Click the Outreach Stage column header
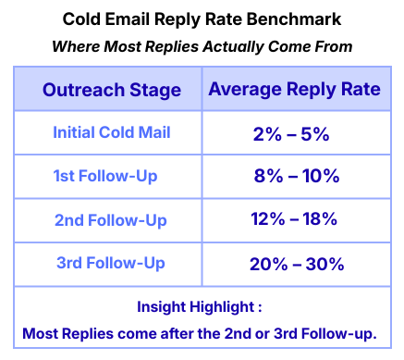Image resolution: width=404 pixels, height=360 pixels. [x=111, y=91]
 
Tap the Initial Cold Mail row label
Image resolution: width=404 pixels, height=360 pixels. [x=112, y=133]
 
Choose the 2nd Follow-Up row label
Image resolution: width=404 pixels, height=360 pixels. [x=111, y=219]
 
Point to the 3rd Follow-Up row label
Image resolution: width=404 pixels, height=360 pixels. [x=111, y=263]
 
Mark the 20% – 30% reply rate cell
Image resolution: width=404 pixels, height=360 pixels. [x=297, y=263]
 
